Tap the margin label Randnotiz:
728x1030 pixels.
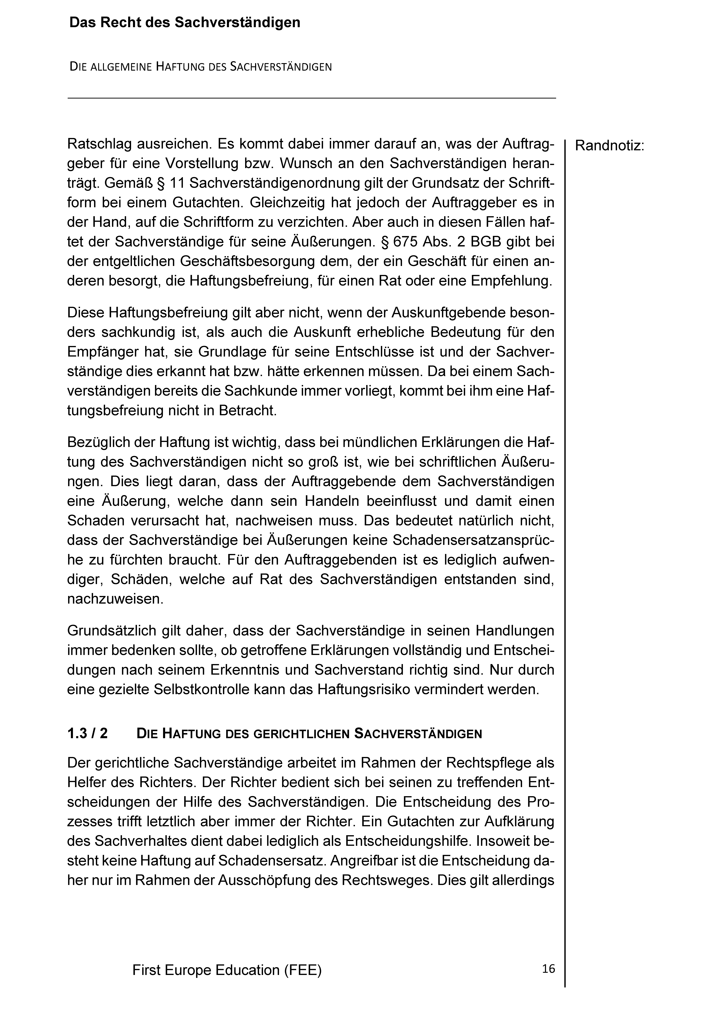click(609, 146)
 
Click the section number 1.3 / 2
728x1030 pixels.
click(87, 733)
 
